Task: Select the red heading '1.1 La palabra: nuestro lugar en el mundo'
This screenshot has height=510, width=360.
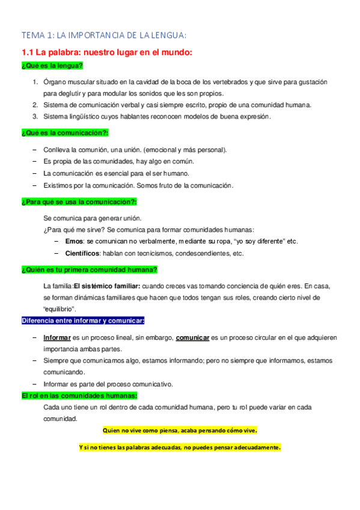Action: tap(106, 53)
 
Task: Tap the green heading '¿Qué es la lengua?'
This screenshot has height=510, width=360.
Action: tap(52, 66)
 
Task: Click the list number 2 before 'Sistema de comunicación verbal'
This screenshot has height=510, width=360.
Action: tap(35, 105)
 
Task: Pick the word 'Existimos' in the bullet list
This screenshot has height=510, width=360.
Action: tap(58, 185)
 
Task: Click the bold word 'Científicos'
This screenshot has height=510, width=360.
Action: tap(82, 253)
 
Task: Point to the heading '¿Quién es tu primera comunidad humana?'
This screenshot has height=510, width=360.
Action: tap(90, 269)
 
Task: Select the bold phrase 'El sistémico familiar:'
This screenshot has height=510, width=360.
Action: tap(107, 286)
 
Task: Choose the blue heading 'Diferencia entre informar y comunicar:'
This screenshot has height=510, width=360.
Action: tap(83, 321)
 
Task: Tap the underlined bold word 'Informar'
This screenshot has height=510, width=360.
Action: tap(57, 338)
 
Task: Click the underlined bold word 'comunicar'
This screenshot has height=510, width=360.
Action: tap(192, 338)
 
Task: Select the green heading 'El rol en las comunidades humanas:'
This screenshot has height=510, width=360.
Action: tap(79, 396)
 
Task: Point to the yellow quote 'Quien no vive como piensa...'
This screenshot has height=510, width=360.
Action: tap(180, 431)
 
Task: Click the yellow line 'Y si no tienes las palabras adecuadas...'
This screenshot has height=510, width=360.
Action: tap(180, 447)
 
